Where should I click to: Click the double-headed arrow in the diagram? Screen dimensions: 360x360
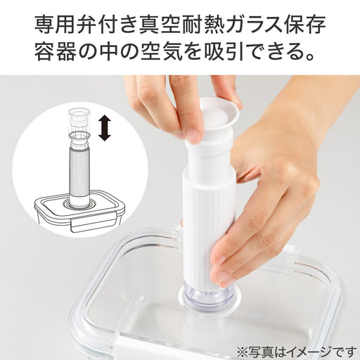104,129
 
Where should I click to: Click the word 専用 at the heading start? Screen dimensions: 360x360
55,25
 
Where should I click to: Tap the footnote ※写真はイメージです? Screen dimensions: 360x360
297,352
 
